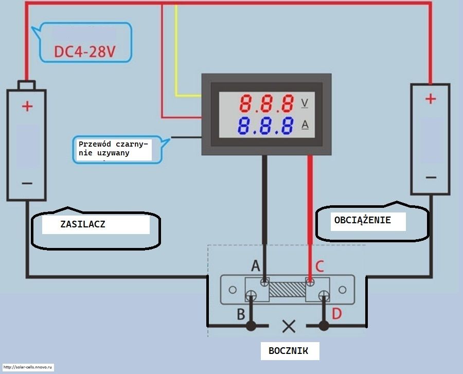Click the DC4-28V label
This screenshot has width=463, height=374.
(x=85, y=51)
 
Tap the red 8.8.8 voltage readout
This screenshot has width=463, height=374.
(x=266, y=103)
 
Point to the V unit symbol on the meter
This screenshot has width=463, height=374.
(x=305, y=103)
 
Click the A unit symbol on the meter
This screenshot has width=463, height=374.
(x=305, y=125)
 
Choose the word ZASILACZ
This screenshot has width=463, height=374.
(x=83, y=224)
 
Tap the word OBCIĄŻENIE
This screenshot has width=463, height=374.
(x=362, y=220)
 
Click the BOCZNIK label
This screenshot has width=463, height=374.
(x=288, y=351)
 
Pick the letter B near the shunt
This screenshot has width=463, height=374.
(x=241, y=314)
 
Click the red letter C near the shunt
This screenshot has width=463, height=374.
(x=319, y=266)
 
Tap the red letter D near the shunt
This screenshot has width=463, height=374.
(x=336, y=314)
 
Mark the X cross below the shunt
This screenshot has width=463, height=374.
(x=289, y=326)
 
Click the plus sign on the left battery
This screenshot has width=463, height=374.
(x=27, y=106)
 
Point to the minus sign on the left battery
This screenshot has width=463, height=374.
(x=27, y=183)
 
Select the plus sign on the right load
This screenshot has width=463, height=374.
(x=431, y=99)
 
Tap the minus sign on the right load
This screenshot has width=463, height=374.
(x=431, y=177)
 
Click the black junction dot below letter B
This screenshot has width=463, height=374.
(x=251, y=326)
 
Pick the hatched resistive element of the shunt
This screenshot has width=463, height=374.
(x=287, y=289)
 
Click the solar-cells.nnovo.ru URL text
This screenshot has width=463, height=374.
(x=27, y=367)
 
